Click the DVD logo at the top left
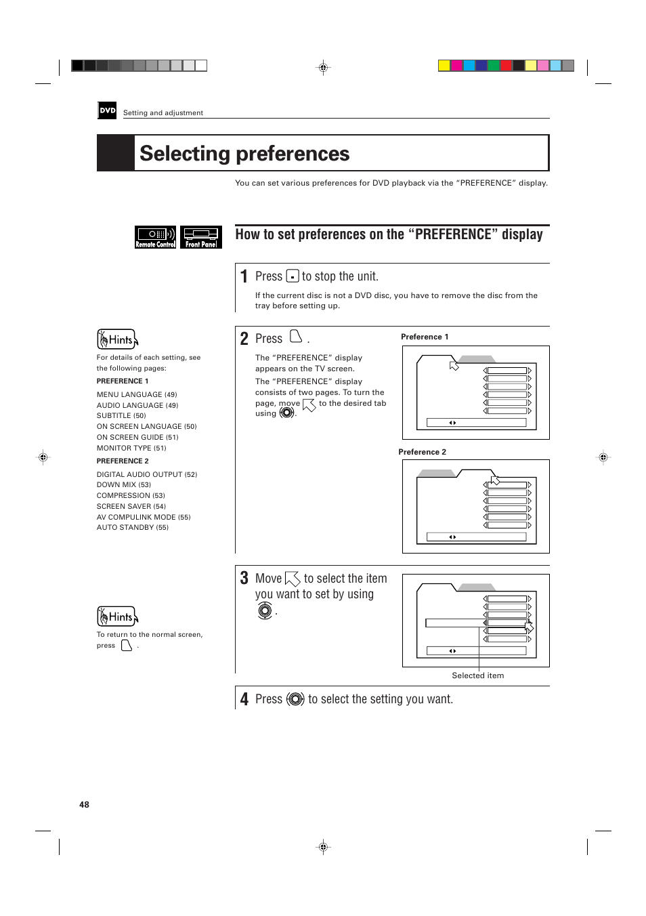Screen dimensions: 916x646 pyautogui.click(x=107, y=110)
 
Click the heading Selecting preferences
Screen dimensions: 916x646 pyautogui.click(x=244, y=154)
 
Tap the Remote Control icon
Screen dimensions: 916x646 pyautogui.click(x=155, y=237)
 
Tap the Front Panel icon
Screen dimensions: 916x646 pyautogui.click(x=201, y=237)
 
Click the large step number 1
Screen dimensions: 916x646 pyautogui.click(x=244, y=276)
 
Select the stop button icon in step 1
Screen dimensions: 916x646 pyautogui.click(x=293, y=276)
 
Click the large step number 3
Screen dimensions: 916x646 pyautogui.click(x=244, y=578)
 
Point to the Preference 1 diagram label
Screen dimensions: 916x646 pyautogui.click(x=425, y=337)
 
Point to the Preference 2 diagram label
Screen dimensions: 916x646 pyautogui.click(x=422, y=452)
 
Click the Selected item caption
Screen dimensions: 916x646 pyautogui.click(x=477, y=675)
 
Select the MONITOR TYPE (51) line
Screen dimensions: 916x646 pyautogui.click(x=131, y=448)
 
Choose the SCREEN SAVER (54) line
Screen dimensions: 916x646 pyautogui.click(x=131, y=506)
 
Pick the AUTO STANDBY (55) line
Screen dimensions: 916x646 pyautogui.click(x=132, y=527)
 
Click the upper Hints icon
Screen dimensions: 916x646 pyautogui.click(x=118, y=339)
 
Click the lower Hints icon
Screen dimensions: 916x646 pyautogui.click(x=118, y=617)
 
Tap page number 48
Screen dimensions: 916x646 pyautogui.click(x=84, y=805)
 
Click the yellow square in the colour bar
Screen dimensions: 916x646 pyautogui.click(x=444, y=66)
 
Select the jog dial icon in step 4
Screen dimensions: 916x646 pyautogui.click(x=295, y=699)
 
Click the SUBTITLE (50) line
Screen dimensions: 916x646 pyautogui.click(x=121, y=415)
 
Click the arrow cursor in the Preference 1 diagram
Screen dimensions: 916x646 pyautogui.click(x=454, y=366)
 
